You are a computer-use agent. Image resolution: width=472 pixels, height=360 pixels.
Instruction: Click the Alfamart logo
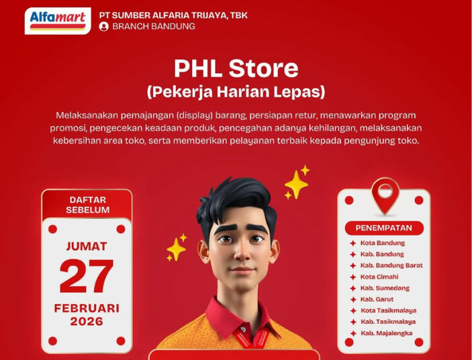click(x=57, y=20)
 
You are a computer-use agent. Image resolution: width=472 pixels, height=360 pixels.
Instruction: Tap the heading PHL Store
click(x=236, y=69)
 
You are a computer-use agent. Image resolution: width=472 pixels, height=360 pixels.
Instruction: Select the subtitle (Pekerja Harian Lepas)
click(x=236, y=91)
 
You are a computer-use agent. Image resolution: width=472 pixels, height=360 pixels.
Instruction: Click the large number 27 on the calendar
click(x=87, y=275)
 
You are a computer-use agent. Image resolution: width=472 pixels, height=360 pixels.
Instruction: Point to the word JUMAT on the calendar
click(x=87, y=246)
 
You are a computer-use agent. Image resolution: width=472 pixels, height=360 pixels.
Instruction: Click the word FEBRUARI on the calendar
click(x=87, y=308)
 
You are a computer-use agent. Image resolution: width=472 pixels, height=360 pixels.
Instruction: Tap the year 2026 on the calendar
click(x=87, y=322)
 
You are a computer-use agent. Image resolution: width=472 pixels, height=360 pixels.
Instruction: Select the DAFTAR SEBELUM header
click(x=87, y=204)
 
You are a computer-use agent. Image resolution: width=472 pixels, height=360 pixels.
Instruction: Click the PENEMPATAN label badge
click(x=384, y=228)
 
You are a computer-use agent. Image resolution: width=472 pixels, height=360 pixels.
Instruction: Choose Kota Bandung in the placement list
click(x=382, y=242)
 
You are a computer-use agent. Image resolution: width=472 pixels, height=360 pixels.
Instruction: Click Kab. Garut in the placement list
click(x=377, y=299)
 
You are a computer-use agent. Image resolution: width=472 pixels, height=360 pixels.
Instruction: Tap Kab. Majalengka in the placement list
click(x=386, y=333)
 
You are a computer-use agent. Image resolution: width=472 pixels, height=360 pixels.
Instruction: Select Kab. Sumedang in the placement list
click(x=385, y=288)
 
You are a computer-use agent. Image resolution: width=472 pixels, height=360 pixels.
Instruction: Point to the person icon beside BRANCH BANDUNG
click(x=103, y=27)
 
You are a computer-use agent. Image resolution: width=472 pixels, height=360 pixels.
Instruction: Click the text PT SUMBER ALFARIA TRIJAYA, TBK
click(x=173, y=15)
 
